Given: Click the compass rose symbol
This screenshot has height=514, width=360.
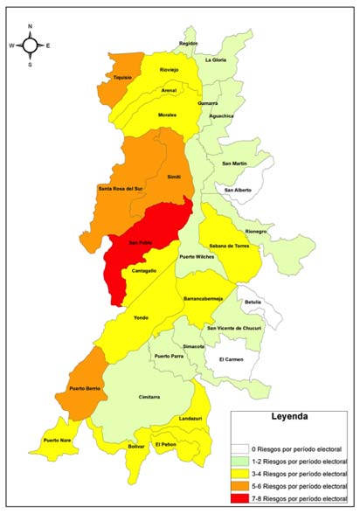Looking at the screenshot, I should tap(30, 45).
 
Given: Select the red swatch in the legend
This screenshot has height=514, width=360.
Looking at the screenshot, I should tap(239, 497).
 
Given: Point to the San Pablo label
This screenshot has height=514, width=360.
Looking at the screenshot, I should tap(140, 243).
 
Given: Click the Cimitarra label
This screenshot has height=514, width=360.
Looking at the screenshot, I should tap(149, 396).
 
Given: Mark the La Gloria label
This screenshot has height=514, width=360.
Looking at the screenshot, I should tap(216, 59).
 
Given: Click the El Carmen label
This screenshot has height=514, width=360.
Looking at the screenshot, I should tap(232, 359).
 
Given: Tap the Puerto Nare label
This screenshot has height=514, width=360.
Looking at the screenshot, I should tap(58, 440).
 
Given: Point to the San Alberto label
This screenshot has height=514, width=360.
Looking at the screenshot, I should tap(237, 190).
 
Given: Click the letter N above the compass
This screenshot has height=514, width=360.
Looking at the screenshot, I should tap(30, 26).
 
